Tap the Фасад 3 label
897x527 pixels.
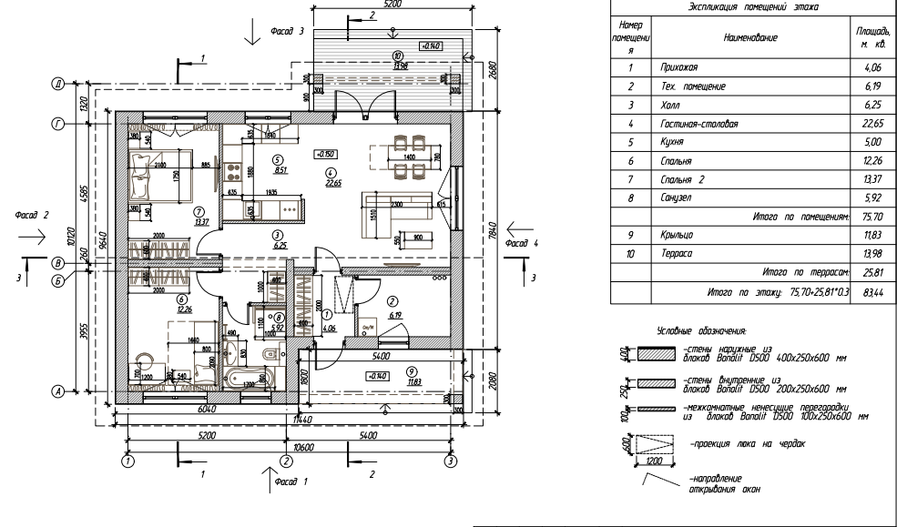[288, 31]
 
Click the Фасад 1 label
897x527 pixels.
[294, 477]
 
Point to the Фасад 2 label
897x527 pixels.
[30, 216]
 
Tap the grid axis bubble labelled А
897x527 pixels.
[57, 392]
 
